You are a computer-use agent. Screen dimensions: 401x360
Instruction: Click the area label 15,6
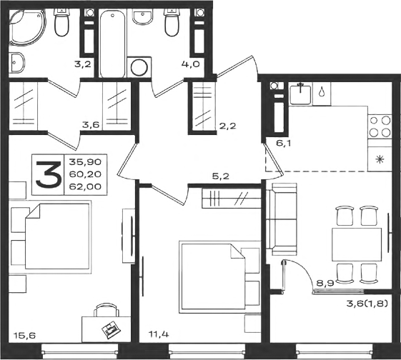point(24,335)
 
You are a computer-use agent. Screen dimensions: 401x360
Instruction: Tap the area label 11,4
point(159,334)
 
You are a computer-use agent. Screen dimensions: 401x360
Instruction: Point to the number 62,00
point(85,186)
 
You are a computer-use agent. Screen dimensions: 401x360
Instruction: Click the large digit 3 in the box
point(49,175)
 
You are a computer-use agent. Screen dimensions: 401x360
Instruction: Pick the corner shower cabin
point(27,27)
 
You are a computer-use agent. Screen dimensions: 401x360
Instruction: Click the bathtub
point(113,44)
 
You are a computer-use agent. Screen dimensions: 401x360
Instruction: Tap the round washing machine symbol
point(139,67)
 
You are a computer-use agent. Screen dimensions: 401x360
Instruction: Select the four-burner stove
point(380,126)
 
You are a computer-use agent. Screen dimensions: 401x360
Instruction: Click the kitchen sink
point(300,94)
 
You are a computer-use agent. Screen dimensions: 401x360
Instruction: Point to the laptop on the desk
point(112,329)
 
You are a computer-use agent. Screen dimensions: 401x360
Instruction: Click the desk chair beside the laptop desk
point(107,310)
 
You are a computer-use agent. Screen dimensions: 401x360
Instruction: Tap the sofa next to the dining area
point(282,219)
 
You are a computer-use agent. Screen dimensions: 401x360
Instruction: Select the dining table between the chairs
point(357,244)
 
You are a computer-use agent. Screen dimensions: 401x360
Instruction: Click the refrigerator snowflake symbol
point(380,160)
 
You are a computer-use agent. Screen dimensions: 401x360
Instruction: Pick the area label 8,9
point(325,283)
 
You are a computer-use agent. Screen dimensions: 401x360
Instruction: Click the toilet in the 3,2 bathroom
point(61,22)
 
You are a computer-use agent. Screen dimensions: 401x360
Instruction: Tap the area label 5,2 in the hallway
point(220,176)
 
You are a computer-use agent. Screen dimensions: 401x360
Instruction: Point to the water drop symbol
point(321,92)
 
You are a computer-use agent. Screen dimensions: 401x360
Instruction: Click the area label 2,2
point(227,126)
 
